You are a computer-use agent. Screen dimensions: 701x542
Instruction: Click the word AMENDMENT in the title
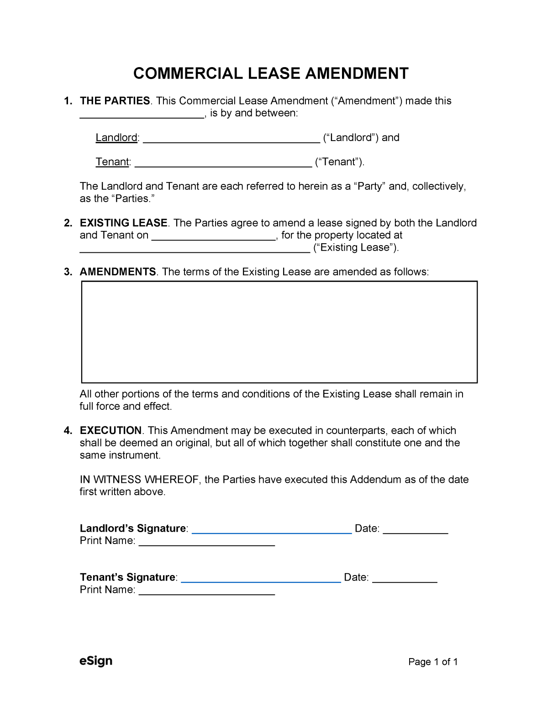356,73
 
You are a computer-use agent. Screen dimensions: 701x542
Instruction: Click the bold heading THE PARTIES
115,101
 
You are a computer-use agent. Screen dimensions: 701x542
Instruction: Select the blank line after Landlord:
231,139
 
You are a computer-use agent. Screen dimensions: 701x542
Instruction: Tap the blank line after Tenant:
223,163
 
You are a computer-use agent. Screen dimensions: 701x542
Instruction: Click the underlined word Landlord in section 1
116,138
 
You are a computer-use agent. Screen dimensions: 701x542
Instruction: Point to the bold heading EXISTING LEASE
123,223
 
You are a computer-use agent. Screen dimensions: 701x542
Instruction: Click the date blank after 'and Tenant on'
214,237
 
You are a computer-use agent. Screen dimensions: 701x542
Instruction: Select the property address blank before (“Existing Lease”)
195,249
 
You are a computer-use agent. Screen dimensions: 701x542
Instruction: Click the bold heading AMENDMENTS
118,272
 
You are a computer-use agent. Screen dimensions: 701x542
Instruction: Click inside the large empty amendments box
279,332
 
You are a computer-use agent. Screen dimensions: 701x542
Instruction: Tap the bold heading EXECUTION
111,431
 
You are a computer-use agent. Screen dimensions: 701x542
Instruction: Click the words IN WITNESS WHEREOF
139,480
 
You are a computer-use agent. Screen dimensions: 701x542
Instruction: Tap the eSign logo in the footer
96,661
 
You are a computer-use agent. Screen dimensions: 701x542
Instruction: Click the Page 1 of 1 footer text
432,662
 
